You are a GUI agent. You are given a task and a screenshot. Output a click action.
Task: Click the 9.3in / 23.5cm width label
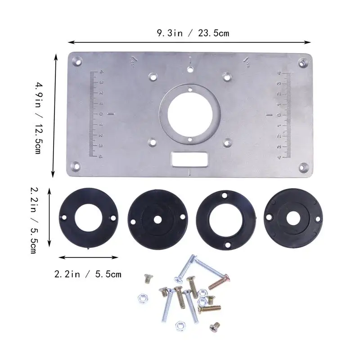pyautogui.click(x=189, y=33)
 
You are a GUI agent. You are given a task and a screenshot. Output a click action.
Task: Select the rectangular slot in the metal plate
pyautogui.click(x=189, y=158)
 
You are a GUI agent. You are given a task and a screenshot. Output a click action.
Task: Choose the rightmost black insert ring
pyautogui.click(x=293, y=216)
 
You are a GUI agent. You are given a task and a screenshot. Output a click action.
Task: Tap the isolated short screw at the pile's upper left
pyautogui.click(x=146, y=279)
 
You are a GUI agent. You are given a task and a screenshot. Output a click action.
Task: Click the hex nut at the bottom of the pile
pyautogui.click(x=179, y=324)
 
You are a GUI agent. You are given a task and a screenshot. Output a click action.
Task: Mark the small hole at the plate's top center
pyautogui.click(x=190, y=69)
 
